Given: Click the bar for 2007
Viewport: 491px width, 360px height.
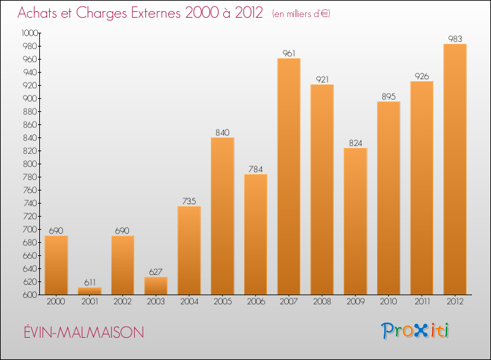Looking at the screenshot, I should (289, 177).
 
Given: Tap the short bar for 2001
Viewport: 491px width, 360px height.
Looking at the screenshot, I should (89, 291).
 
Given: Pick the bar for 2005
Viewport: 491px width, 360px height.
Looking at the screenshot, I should (222, 216).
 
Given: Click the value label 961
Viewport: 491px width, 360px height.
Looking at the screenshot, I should (289, 53).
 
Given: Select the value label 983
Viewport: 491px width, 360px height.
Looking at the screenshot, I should (455, 39).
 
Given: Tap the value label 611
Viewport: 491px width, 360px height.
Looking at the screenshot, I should (89, 282).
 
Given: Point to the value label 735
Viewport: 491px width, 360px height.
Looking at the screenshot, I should (189, 201).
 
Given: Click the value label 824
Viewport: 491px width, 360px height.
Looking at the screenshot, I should (355, 143).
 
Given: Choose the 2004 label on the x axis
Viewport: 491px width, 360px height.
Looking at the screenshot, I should (189, 302).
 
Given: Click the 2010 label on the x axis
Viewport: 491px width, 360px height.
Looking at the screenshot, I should (388, 302).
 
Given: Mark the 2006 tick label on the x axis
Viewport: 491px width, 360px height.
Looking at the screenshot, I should (255, 302).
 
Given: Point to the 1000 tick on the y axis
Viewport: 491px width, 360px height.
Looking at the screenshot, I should (29, 33).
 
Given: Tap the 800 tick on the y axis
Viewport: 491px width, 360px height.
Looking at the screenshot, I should (31, 164).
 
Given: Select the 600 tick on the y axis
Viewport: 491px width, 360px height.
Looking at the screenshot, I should (31, 295).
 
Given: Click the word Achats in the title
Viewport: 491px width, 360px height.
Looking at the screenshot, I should (40, 13).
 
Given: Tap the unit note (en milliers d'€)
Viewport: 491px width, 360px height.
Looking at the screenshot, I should (301, 14).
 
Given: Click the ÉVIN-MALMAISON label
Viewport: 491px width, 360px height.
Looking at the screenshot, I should (81, 333).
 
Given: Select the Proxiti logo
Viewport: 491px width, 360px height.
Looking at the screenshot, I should (416, 331).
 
